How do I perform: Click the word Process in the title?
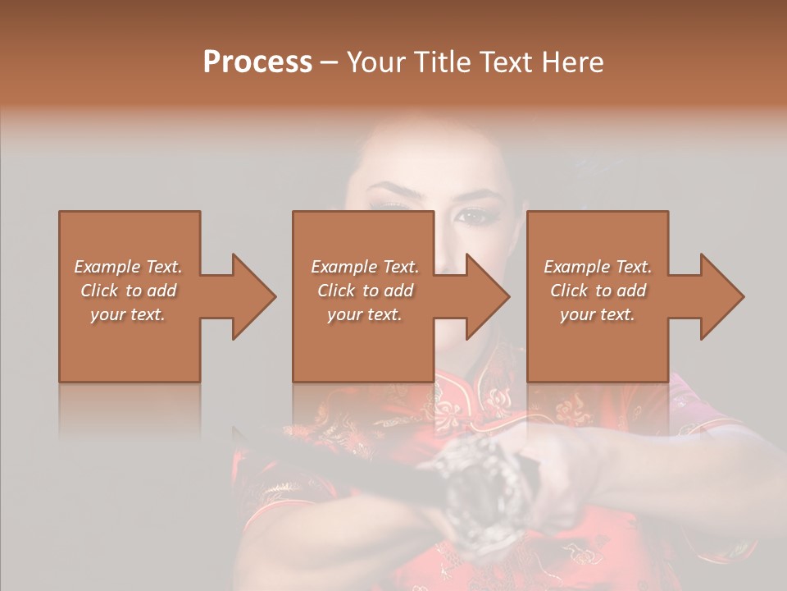tap(257, 62)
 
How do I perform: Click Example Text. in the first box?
tap(128, 267)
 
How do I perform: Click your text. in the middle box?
tap(364, 314)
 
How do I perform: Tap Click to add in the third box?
tap(598, 291)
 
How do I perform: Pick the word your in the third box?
tap(577, 314)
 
